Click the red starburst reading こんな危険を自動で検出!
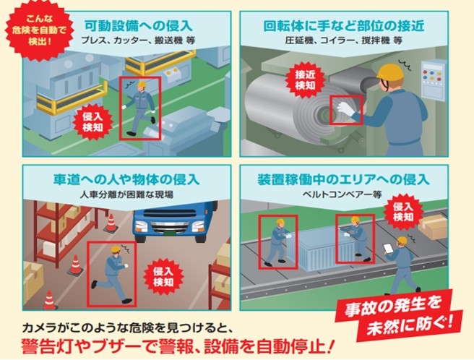point(39,31)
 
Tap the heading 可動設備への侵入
point(139,26)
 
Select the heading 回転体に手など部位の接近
point(344,26)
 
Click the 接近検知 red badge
point(306,80)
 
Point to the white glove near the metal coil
point(345,109)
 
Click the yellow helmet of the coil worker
point(390,72)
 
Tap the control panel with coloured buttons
point(434,80)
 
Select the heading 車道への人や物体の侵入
point(126,180)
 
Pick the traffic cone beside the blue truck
point(111,223)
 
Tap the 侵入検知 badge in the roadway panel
point(163,277)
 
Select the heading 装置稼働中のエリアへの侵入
point(343,180)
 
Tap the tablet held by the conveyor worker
point(388,249)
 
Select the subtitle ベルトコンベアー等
point(342,194)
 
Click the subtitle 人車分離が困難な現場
point(126,194)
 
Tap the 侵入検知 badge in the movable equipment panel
point(92,121)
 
